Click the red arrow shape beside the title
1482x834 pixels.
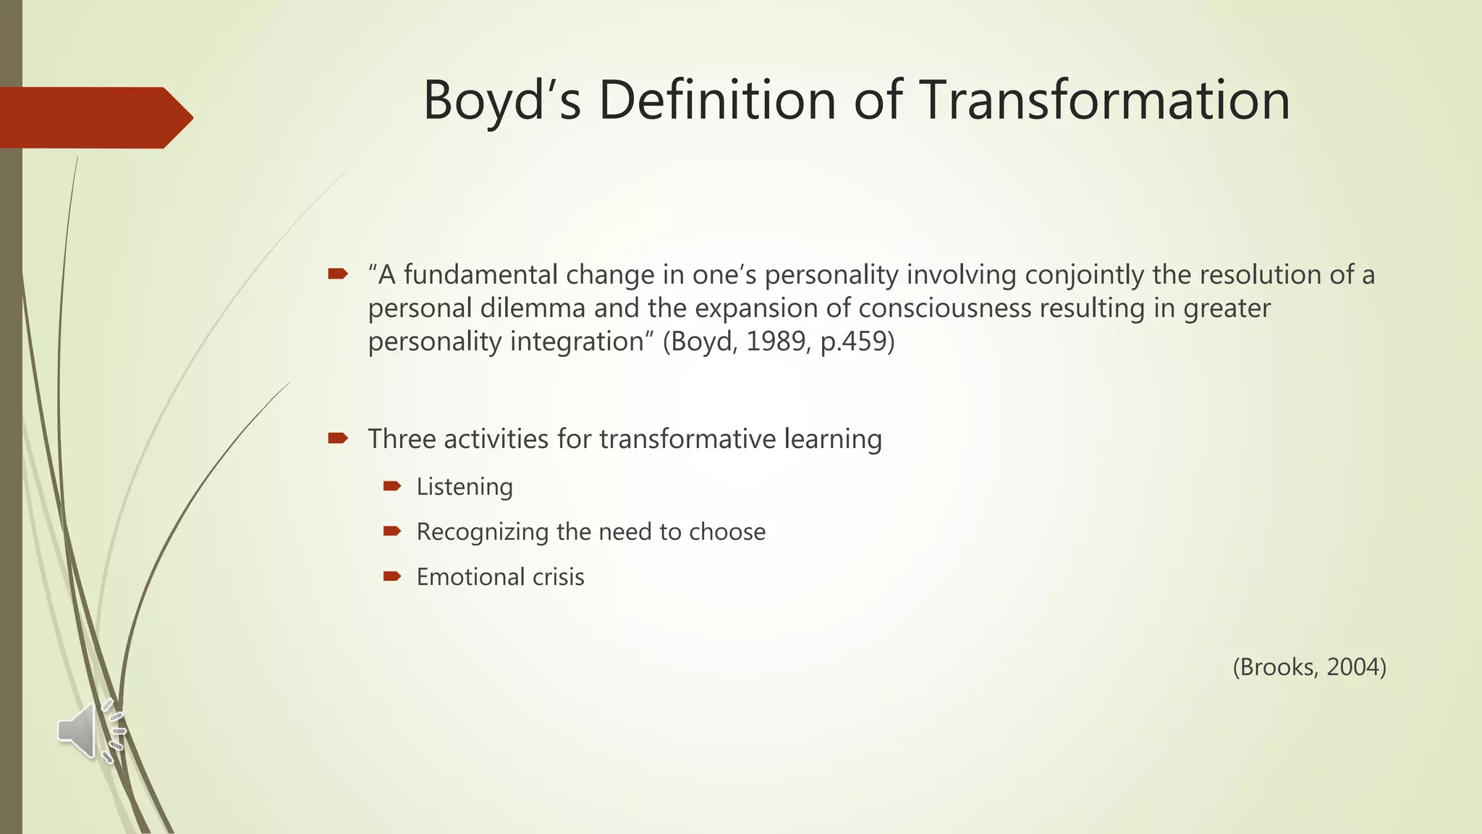94,117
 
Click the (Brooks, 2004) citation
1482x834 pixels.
1309,667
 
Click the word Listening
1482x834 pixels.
465,487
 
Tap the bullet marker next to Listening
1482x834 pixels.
391,486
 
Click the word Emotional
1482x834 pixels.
470,577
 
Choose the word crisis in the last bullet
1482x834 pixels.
558,577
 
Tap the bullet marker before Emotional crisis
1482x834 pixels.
391,576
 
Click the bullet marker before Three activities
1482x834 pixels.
338,438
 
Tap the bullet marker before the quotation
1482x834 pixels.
338,274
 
